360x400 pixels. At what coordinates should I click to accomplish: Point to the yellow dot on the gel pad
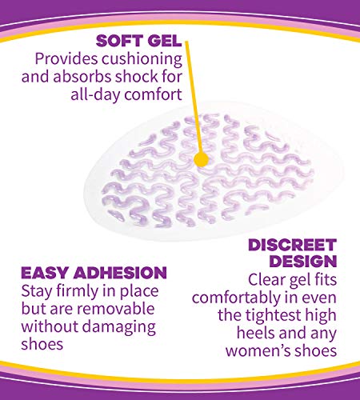pyautogui.click(x=202, y=159)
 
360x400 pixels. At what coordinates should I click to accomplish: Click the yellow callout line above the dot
pyautogui.click(x=192, y=88)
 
